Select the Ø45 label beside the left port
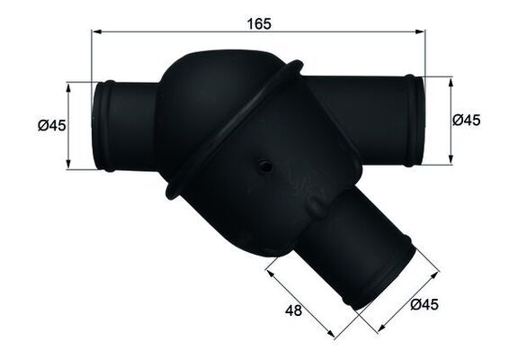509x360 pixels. pos(51,126)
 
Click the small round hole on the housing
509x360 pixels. pos(266,166)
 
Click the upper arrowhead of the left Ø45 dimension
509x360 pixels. pos(68,86)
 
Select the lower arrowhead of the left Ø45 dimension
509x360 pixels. pos(68,166)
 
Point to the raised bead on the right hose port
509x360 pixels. pos(413,121)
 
